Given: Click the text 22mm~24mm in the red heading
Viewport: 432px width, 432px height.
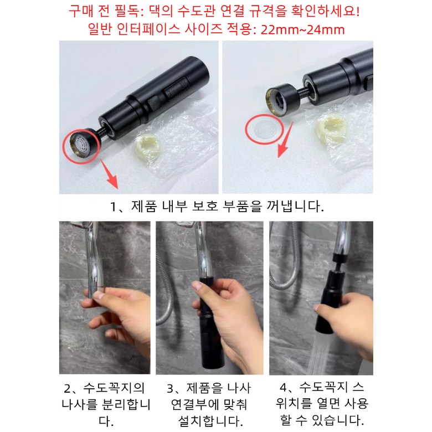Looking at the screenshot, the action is pos(302,29).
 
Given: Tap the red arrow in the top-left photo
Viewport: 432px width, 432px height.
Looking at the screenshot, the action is pos(109,174).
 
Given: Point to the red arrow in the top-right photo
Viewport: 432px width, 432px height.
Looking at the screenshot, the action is pos(285,140).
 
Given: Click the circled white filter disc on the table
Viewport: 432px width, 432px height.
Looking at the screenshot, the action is pos(264,129).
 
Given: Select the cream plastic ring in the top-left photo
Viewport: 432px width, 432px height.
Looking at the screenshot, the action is pos(148,148).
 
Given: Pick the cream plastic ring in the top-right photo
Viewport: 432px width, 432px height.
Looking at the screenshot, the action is pos(331,127).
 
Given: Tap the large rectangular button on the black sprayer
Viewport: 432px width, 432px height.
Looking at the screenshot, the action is pos(177,88).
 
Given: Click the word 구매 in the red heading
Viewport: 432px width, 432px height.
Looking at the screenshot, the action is pos(80,12).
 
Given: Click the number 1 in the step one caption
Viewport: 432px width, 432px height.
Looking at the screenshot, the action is pos(113,207).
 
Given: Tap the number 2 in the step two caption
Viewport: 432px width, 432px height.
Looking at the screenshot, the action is pos(68,389).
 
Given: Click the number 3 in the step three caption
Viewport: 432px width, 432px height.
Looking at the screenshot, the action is pos(170,389).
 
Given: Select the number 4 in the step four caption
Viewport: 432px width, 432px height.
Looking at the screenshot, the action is pos(284,388).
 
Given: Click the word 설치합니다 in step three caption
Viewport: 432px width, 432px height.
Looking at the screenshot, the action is pos(210,421).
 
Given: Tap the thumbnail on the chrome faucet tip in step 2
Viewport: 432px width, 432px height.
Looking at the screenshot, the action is pos(99,295).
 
